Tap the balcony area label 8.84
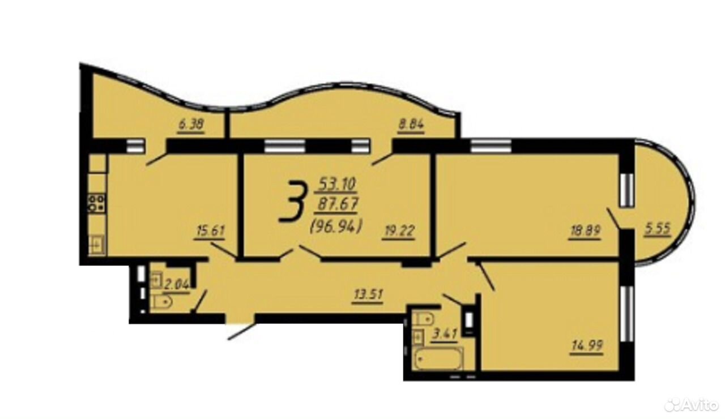click(x=411, y=124)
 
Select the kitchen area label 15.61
click(x=210, y=232)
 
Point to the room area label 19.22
click(x=399, y=231)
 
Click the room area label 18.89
click(x=585, y=231)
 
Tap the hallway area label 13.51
click(x=368, y=295)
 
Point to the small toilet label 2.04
click(x=177, y=285)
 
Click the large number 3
click(x=292, y=202)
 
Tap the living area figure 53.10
click(x=337, y=184)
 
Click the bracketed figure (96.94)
click(x=336, y=226)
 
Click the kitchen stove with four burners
click(x=97, y=203)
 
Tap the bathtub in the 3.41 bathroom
click(x=439, y=358)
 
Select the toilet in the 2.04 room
click(x=161, y=302)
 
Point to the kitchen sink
click(x=96, y=245)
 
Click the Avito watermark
click(x=692, y=405)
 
